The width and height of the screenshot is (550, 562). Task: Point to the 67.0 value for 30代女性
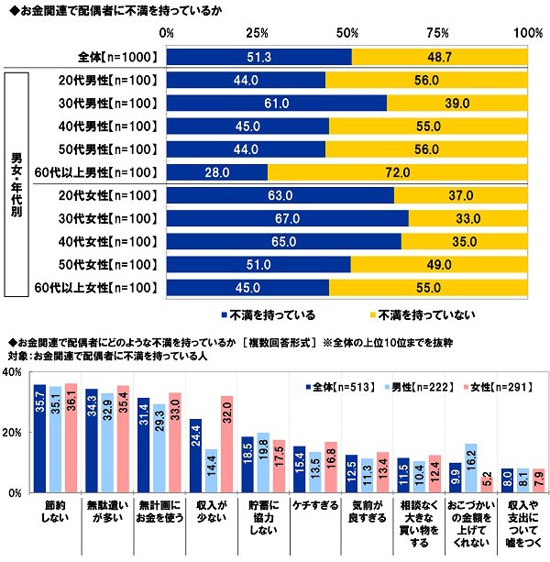(x=288, y=219)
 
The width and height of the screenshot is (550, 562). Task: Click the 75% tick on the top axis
(x=437, y=33)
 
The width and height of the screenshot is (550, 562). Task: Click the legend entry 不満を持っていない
(x=422, y=314)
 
